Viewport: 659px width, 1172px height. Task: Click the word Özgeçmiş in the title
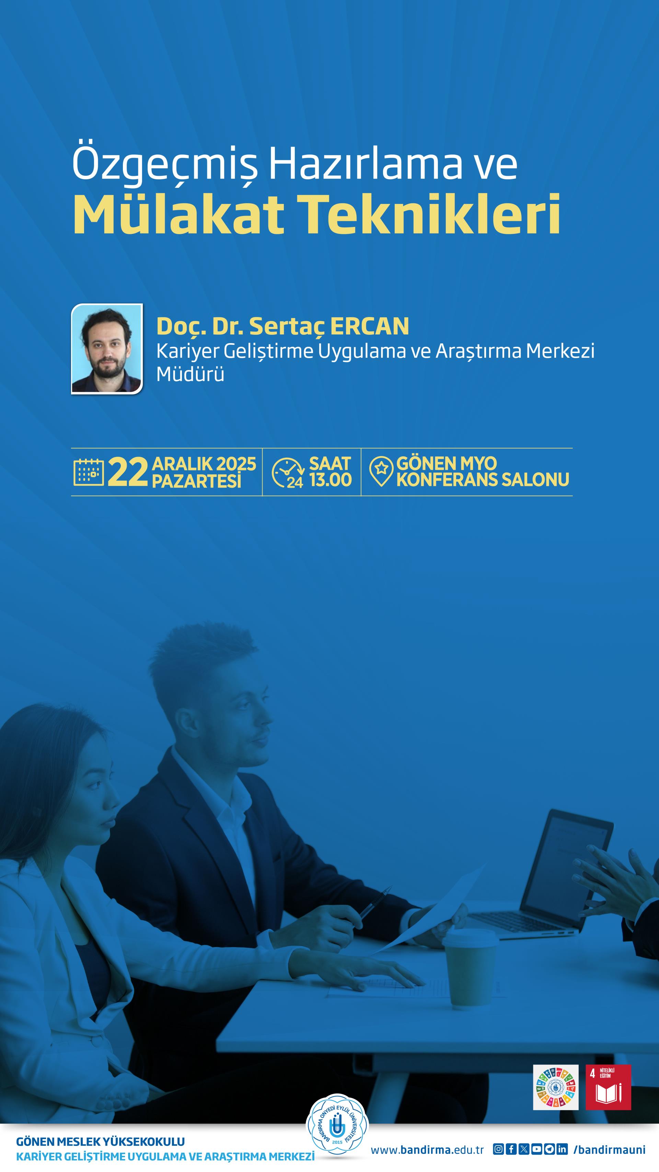point(165,164)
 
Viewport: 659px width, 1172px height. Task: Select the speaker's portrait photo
point(107,349)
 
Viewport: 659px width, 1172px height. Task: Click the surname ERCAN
point(370,326)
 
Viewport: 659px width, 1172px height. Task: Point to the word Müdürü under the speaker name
point(190,374)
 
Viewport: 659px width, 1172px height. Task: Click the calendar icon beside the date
point(89,472)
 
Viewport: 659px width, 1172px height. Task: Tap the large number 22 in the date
point(128,472)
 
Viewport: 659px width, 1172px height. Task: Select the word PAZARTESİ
point(196,481)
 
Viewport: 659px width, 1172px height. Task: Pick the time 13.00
point(330,480)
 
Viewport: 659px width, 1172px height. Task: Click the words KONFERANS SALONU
point(483,479)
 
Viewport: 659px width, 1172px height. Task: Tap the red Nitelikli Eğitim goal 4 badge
point(608,1088)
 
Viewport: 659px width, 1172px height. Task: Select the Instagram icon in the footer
point(498,1149)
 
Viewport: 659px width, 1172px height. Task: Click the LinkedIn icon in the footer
point(562,1149)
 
